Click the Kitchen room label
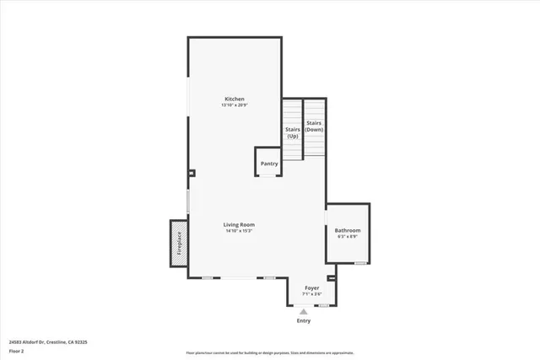(234, 99)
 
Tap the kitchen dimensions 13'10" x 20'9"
(234, 105)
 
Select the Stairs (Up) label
(293, 132)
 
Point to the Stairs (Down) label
(314, 127)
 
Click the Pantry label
(269, 164)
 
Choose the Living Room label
(239, 224)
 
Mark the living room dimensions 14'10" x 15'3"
(239, 231)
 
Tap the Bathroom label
(347, 230)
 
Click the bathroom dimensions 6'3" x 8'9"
(347, 237)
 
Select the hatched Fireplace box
(178, 244)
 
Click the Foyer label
(312, 287)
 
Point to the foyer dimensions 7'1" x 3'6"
(312, 294)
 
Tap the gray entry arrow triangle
(304, 311)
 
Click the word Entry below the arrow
(304, 321)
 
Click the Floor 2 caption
(17, 350)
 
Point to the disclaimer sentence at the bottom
(270, 352)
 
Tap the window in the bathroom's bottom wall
(360, 263)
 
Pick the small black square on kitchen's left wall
(192, 174)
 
